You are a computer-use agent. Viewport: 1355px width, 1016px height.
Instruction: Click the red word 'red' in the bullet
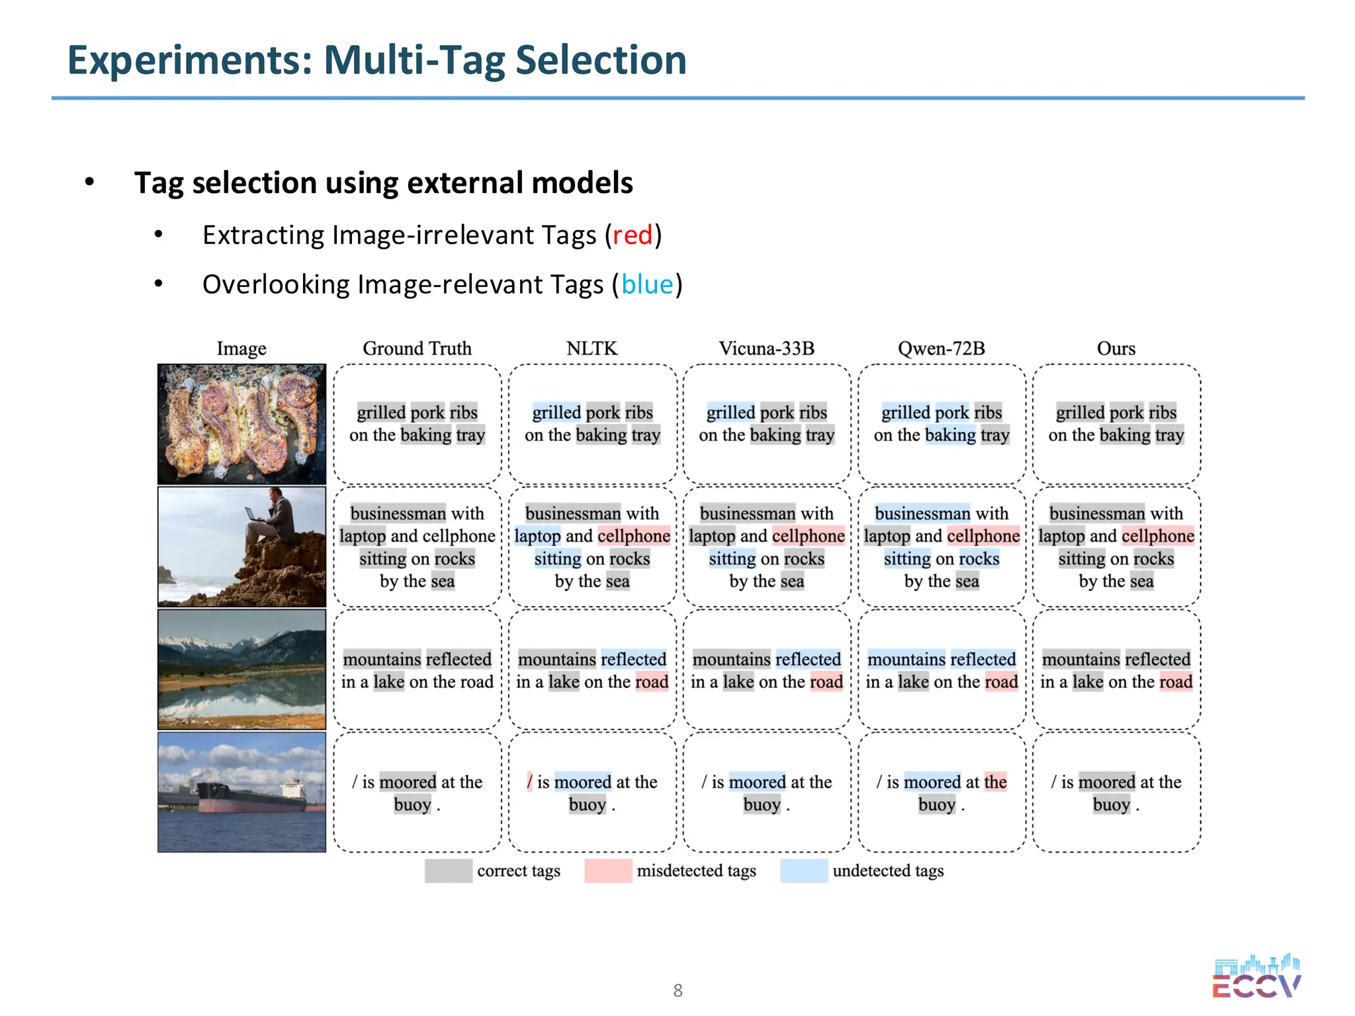[632, 235]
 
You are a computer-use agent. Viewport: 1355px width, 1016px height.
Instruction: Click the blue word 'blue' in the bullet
[646, 284]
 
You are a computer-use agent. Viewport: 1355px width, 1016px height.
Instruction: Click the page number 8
[677, 990]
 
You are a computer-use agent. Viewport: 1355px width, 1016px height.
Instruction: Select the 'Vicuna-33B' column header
[766, 349]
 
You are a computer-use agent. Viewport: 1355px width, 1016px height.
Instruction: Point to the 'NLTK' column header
[591, 349]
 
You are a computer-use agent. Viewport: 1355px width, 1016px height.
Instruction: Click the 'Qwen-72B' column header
[941, 349]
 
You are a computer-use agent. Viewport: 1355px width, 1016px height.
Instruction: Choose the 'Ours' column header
[1115, 349]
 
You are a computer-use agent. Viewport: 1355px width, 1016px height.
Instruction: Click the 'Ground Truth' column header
[417, 349]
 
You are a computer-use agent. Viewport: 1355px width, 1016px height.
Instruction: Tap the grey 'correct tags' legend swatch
[448, 870]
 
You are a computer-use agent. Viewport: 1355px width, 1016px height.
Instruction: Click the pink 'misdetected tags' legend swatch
[607, 870]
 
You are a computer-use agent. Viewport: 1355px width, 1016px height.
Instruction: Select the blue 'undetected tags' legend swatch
[803, 870]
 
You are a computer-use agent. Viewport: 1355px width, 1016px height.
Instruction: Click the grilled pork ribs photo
[241, 423]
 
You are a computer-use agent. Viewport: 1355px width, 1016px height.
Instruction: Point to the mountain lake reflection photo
[241, 669]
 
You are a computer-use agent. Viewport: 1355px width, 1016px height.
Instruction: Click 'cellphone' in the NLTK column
[634, 536]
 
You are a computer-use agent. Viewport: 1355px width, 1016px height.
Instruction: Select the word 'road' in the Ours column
[1175, 682]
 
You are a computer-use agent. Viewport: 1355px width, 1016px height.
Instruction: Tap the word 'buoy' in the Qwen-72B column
[936, 805]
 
